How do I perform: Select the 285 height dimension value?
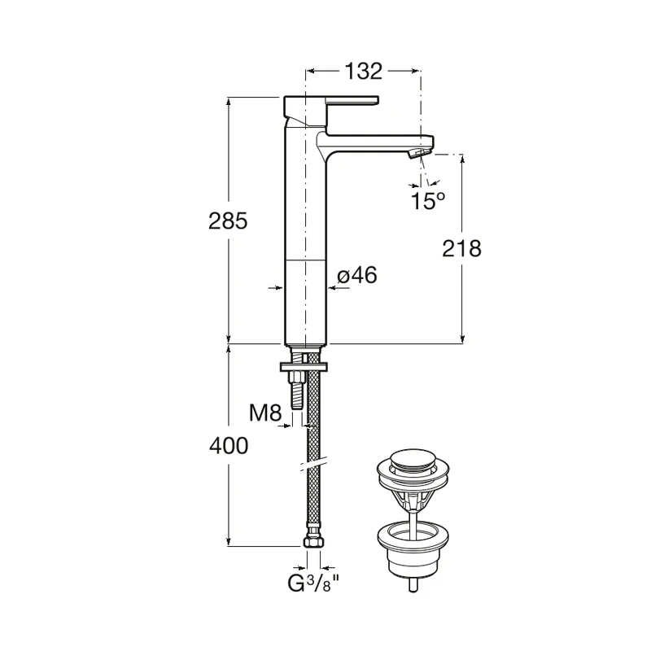click(227, 221)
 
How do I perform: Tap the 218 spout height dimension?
click(461, 248)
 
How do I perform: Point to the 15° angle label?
click(427, 201)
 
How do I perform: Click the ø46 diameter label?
click(356, 277)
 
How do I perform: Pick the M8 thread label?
click(264, 413)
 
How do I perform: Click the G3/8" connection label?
click(313, 584)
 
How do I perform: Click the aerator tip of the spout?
click(420, 152)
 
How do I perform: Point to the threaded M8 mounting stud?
click(296, 391)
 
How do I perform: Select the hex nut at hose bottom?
click(313, 541)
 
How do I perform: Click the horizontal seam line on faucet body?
click(304, 260)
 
